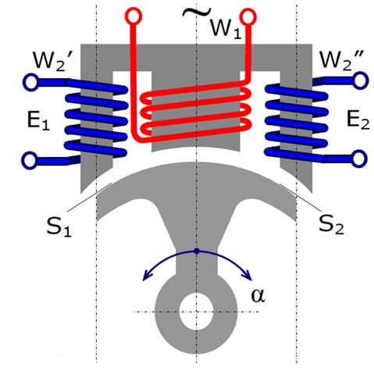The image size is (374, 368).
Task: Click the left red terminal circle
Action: click(134, 16)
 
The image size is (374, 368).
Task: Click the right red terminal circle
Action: click(248, 16)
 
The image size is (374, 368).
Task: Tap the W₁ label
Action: click(225, 29)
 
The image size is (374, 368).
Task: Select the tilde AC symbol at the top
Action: click(197, 12)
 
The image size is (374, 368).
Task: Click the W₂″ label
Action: click(342, 60)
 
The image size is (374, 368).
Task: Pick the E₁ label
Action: click(38, 120)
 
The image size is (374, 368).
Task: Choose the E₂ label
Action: click(358, 120)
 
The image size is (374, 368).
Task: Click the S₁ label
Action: click(59, 226)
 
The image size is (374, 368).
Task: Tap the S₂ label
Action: click(331, 224)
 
